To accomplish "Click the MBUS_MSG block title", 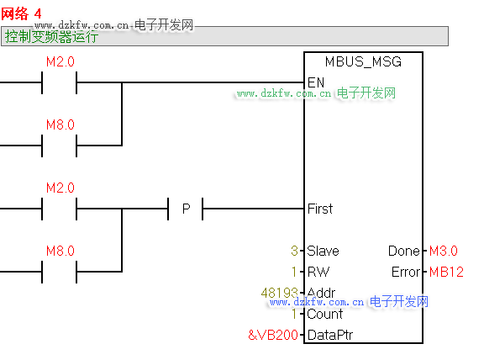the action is [363, 61].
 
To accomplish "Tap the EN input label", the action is [316, 82].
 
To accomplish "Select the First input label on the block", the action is [320, 209].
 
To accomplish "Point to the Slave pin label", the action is [324, 251].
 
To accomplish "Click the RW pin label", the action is [318, 272].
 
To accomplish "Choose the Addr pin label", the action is [321, 293].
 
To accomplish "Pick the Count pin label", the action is [325, 314].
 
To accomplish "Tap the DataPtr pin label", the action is [330, 335].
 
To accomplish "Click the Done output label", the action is [404, 251].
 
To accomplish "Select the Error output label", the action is [406, 272].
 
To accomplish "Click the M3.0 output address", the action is [444, 251].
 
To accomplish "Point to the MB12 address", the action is [446, 272].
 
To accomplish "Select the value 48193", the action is [279, 293].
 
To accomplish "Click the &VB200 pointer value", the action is [273, 335].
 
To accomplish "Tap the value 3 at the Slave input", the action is [294, 251].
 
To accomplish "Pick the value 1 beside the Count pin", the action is [294, 314].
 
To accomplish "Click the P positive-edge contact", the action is [186, 209].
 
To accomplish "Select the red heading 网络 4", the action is [21, 13].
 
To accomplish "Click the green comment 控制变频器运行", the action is [51, 37].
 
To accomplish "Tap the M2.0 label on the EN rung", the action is [60, 61].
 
